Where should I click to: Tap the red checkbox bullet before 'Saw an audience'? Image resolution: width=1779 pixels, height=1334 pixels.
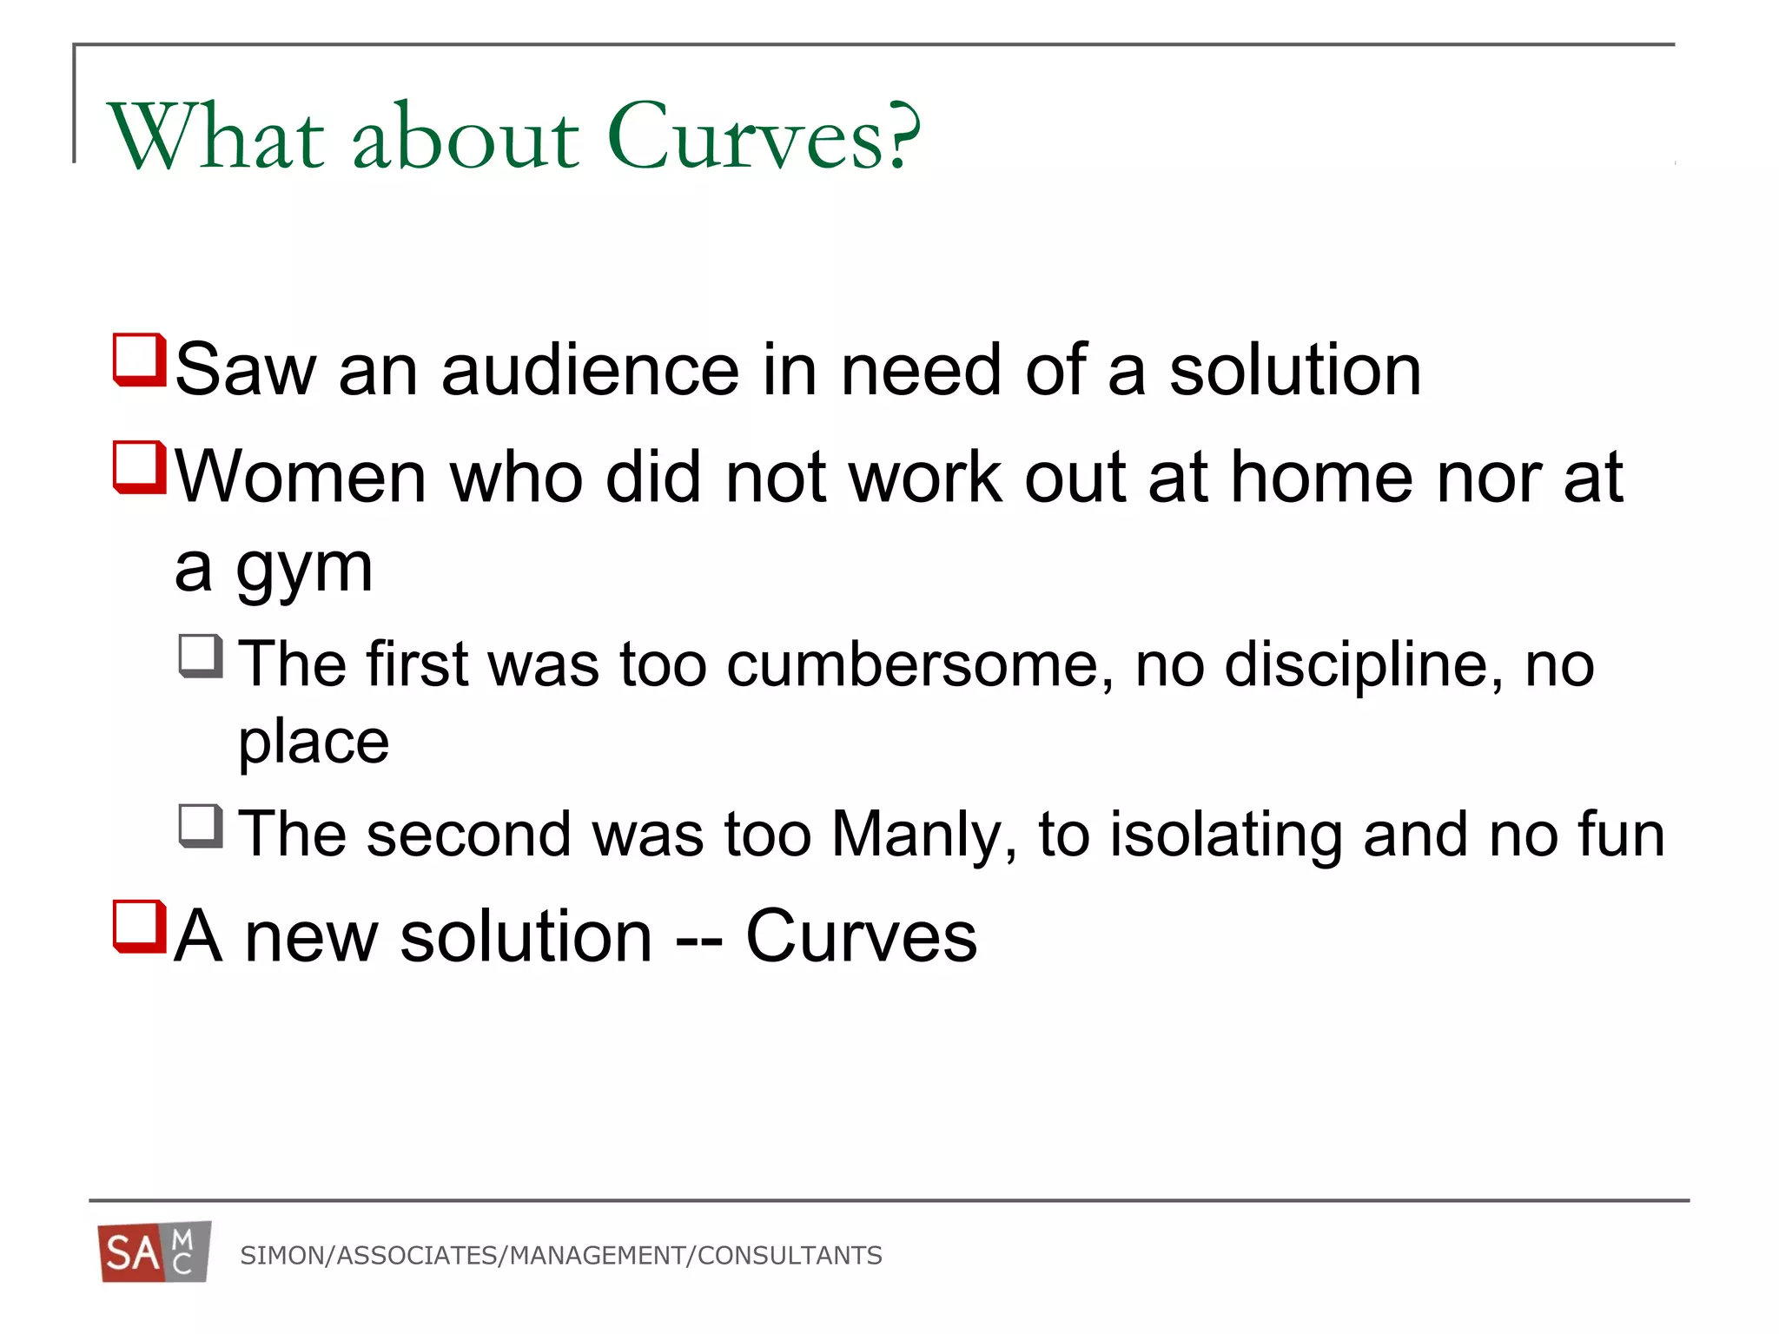tap(139, 360)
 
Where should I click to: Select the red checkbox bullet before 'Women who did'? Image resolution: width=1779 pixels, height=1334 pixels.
tap(139, 467)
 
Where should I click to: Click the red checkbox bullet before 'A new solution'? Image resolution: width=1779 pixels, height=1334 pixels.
tap(139, 927)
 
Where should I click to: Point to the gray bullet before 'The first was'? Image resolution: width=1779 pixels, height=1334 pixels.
tap(201, 656)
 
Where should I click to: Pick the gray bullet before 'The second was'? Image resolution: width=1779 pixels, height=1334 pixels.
tap(201, 826)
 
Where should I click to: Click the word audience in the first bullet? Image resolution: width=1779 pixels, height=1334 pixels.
tap(590, 370)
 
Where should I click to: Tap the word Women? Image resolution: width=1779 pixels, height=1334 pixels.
tap(301, 477)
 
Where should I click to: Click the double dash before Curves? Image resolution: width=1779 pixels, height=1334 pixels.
tap(698, 939)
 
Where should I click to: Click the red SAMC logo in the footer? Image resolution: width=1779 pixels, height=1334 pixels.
tap(155, 1251)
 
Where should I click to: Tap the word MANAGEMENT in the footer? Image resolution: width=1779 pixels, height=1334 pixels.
tap(598, 1256)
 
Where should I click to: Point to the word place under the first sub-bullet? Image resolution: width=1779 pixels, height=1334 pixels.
tap(314, 743)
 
